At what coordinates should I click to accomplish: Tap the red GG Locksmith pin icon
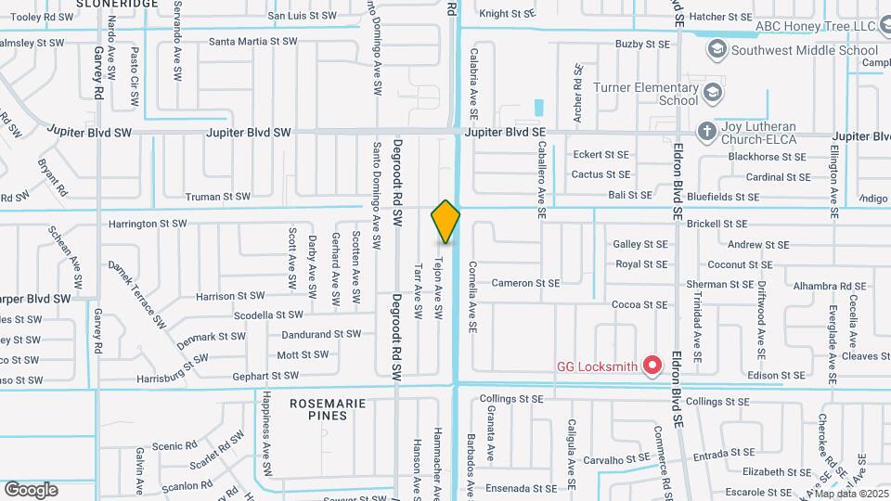(652, 366)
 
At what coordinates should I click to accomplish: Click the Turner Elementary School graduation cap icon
(711, 91)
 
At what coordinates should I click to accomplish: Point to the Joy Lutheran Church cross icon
(707, 131)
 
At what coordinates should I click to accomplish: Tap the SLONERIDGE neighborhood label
(117, 5)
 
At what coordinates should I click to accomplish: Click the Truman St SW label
(218, 197)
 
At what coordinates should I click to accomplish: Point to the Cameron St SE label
(525, 283)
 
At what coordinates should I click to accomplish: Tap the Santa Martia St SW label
(252, 42)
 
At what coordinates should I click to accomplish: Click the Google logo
(31, 490)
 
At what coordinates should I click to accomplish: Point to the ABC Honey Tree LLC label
(817, 27)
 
